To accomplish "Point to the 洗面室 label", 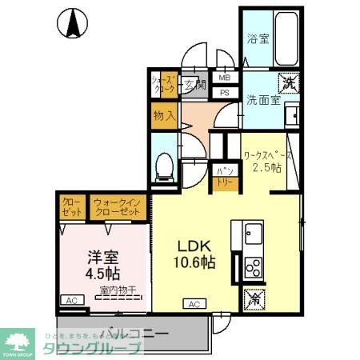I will pos(262,101).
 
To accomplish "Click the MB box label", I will pos(225,78).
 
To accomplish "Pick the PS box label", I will pos(225,92).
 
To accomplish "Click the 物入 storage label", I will pos(164,116).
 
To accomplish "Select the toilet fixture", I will pos(164,163).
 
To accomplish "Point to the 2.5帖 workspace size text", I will pos(266,168).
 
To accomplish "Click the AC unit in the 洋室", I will pos(72,300).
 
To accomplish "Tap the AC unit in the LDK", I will pos(194,303).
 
